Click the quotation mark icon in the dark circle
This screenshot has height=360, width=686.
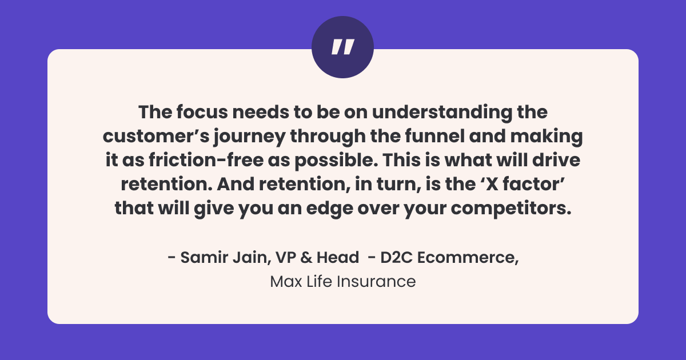[342, 47]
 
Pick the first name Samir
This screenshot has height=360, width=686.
[201, 258]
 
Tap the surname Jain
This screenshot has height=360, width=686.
[244, 258]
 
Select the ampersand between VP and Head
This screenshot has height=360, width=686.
[306, 258]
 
